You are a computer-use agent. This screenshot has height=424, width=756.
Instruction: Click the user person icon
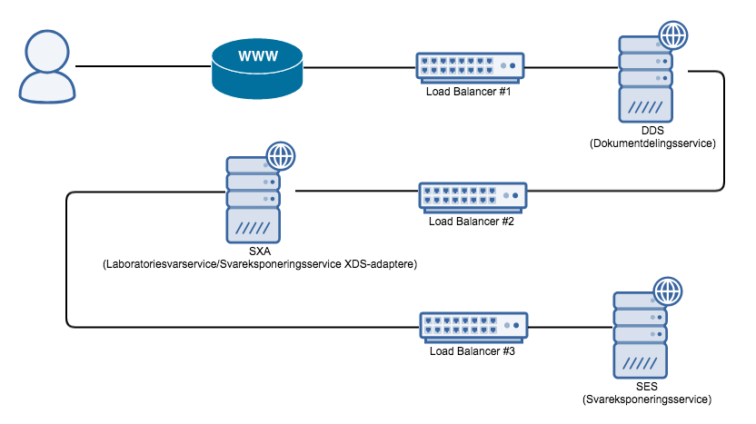tap(45, 65)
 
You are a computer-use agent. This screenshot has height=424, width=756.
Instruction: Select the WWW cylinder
tap(257, 68)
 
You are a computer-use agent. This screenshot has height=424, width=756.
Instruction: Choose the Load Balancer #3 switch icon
tap(472, 325)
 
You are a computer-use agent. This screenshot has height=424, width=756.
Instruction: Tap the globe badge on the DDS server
tap(672, 36)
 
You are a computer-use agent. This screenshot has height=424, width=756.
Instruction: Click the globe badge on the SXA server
tap(280, 156)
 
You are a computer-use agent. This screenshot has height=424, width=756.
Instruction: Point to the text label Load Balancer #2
tap(472, 222)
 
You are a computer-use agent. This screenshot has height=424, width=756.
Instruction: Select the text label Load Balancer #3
tap(472, 351)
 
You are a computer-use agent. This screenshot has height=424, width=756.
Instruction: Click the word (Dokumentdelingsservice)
tap(652, 143)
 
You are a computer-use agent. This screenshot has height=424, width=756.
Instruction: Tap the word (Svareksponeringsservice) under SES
tap(646, 399)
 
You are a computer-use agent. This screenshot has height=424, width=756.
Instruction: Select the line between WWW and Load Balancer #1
tap(360, 66)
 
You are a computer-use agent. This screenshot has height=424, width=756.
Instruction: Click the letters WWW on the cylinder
tap(257, 57)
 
